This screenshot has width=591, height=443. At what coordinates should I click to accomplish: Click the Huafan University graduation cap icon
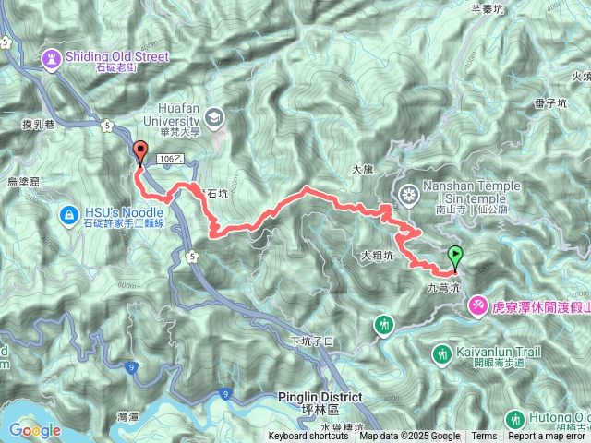coord(215,116)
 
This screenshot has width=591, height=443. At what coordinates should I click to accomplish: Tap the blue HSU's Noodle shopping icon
coord(68,216)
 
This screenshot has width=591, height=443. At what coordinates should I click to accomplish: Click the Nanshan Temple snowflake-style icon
coord(407,195)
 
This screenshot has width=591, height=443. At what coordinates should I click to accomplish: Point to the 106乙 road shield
coord(172,160)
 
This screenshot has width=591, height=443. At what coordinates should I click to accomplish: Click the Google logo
coord(35,430)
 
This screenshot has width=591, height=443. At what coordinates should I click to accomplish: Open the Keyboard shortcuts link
coord(308,437)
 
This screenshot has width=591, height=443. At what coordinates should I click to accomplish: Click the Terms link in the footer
coord(484,437)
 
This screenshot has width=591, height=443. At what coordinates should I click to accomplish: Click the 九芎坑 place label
coord(441,288)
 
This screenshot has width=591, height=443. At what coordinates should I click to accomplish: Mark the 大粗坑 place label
coord(377,254)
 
